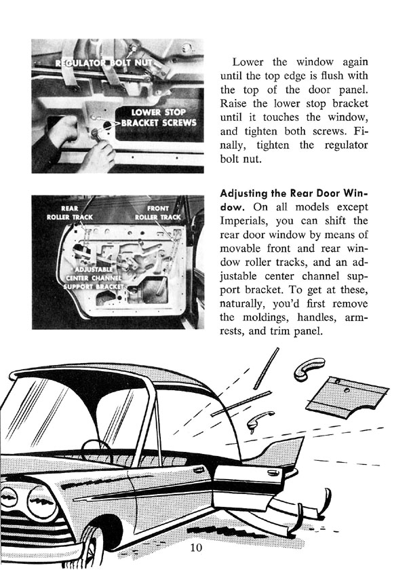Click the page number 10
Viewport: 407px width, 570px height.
pyautogui.click(x=196, y=548)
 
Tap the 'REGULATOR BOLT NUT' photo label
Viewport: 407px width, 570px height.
pyautogui.click(x=104, y=63)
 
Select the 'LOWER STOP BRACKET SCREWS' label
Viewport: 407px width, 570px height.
pyautogui.click(x=159, y=117)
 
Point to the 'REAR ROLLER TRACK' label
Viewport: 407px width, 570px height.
pyautogui.click(x=69, y=212)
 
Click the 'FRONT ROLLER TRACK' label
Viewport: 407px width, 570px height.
pyautogui.click(x=157, y=212)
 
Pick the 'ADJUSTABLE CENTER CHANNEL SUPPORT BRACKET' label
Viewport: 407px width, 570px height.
pyautogui.click(x=94, y=278)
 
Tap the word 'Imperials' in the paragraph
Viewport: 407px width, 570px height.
pyautogui.click(x=245, y=221)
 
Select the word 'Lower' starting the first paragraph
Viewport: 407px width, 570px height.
pyautogui.click(x=248, y=62)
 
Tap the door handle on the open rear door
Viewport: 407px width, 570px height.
pyautogui.click(x=273, y=473)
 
